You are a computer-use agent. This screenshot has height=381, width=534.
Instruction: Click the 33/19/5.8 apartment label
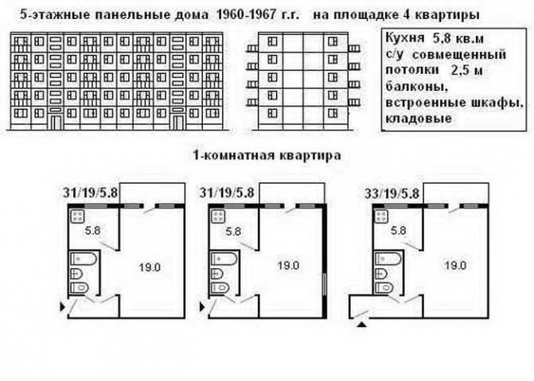click(x=392, y=194)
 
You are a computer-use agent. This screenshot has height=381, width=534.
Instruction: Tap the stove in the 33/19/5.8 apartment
click(x=381, y=216)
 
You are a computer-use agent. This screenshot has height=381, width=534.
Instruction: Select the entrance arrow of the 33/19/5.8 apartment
click(x=362, y=325)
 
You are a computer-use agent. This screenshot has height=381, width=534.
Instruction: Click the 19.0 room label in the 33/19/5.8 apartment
click(x=455, y=265)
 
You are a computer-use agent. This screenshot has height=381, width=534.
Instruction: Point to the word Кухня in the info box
click(x=405, y=38)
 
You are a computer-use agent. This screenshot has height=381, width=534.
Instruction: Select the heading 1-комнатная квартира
click(x=267, y=155)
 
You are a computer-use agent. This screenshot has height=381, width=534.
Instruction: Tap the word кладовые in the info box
click(x=419, y=119)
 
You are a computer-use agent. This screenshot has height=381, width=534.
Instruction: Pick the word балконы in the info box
click(x=416, y=87)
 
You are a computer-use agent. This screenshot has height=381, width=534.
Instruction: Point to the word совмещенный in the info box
click(x=461, y=54)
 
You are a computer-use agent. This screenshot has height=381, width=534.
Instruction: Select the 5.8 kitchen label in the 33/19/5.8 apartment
click(x=398, y=231)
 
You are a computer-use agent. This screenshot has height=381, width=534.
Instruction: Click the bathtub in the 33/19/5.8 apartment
click(x=388, y=259)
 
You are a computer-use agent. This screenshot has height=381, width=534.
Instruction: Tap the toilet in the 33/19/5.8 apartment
click(x=384, y=287)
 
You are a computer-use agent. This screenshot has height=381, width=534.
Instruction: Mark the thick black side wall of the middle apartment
click(x=324, y=261)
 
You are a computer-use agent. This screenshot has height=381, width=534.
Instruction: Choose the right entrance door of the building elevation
click(x=177, y=122)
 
